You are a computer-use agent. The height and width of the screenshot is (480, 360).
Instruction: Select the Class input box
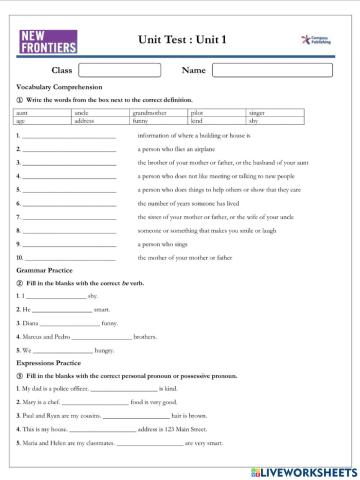point(118,70)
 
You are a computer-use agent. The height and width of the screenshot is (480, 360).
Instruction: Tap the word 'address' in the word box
point(85,122)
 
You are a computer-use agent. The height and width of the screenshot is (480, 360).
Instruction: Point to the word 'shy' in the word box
point(254,122)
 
